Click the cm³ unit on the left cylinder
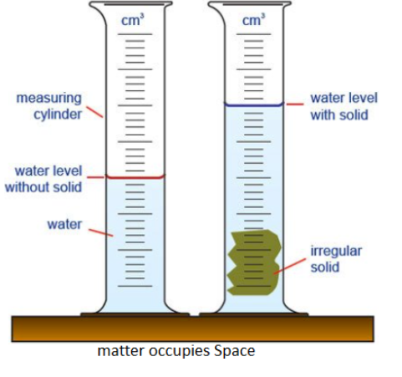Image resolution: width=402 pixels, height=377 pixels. click(133, 20)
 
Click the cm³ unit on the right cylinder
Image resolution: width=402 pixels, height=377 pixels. click(253, 20)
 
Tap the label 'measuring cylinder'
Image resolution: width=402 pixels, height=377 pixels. click(49, 106)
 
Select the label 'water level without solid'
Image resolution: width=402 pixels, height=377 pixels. click(43, 179)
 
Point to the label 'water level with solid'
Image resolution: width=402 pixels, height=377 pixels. click(344, 106)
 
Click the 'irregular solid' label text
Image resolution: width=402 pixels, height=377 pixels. click(336, 259)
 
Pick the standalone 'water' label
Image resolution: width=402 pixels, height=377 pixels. click(64, 224)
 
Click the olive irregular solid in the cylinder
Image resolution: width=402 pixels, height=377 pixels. click(254, 262)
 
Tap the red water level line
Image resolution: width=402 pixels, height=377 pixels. click(135, 177)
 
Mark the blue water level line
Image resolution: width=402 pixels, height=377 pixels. click(254, 105)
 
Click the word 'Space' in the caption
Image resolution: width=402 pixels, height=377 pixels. click(234, 351)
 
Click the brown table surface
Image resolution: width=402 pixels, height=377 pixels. click(192, 329)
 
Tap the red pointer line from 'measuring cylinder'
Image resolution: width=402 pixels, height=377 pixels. click(94, 112)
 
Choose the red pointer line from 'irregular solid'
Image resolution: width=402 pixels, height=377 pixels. click(289, 267)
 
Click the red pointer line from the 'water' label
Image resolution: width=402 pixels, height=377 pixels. click(101, 232)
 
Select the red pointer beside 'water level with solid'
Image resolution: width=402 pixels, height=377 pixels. click(295, 104)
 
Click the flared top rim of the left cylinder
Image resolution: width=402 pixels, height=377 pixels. click(130, 4)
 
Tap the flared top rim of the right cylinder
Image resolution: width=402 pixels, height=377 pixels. click(250, 4)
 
